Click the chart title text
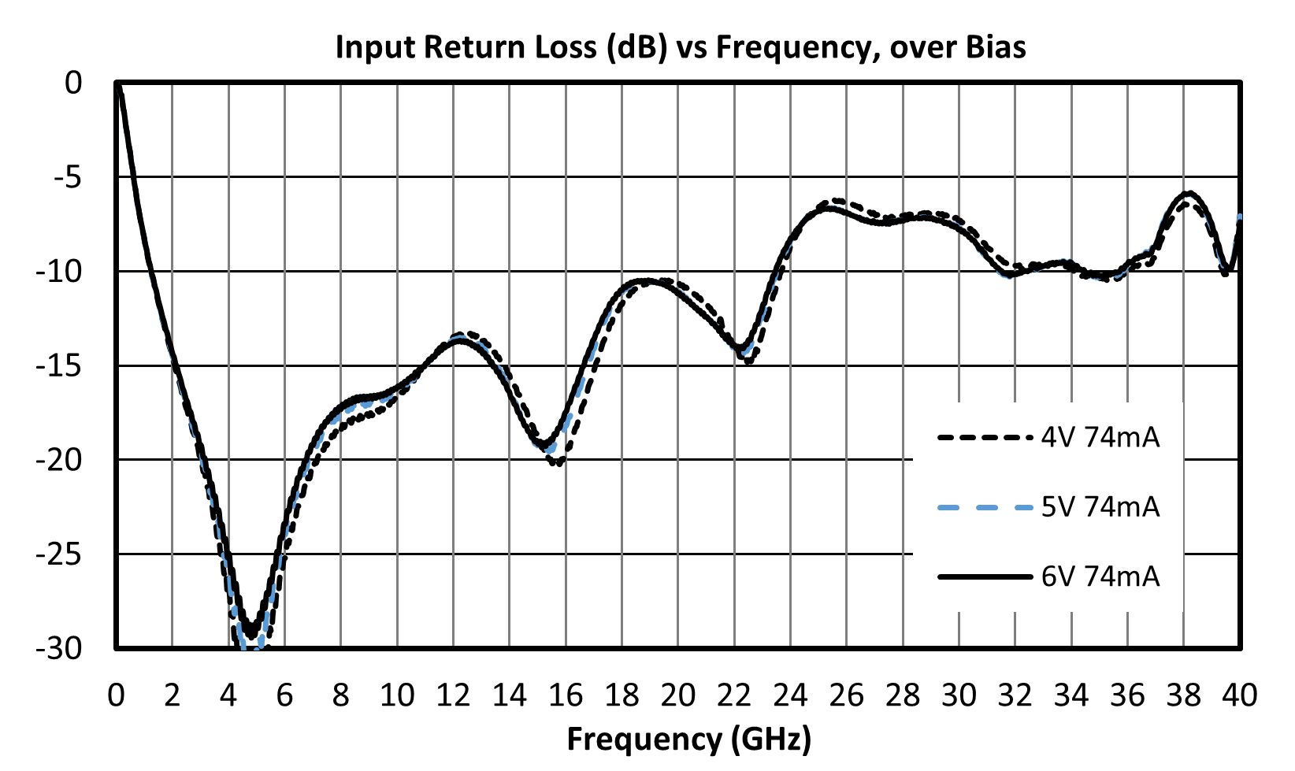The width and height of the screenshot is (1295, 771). coord(681,46)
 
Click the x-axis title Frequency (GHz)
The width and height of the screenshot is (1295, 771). coord(689,739)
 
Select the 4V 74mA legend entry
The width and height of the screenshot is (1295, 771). coord(1048,438)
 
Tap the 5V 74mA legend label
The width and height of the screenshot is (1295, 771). coord(1100,507)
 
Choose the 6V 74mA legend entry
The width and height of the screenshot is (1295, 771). coord(1048,576)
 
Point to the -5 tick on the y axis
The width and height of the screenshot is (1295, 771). coord(69,177)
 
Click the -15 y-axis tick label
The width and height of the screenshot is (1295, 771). coord(60,366)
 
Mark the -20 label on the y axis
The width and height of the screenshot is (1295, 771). coord(60,461)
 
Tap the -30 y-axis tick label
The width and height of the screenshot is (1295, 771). coord(60,649)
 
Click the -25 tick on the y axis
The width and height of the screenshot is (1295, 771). coord(60,555)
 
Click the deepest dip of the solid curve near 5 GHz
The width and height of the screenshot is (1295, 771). coord(251,636)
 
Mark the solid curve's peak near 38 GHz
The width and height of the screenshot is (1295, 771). coord(1189,193)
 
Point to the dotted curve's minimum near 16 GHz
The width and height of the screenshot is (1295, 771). coord(558,463)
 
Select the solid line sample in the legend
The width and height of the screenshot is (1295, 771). coord(985,576)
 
